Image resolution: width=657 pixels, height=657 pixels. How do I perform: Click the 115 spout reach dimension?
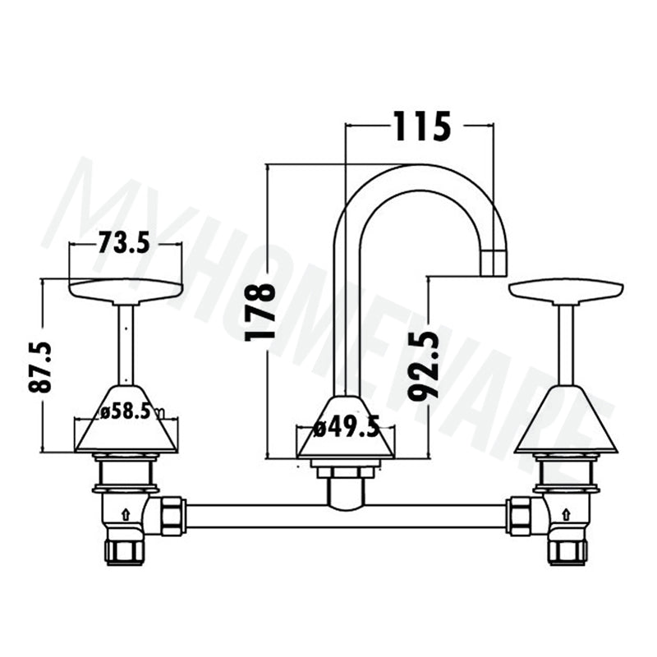[422, 126]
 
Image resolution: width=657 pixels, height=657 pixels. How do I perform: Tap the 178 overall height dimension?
[260, 312]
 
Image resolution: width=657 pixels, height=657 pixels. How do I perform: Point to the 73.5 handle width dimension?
[124, 243]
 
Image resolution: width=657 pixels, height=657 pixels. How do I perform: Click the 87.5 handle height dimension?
[39, 367]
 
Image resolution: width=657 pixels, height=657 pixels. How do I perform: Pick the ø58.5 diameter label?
[126, 412]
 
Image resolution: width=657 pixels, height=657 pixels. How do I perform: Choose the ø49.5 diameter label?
[347, 427]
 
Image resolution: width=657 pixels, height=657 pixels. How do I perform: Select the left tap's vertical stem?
[126, 344]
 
